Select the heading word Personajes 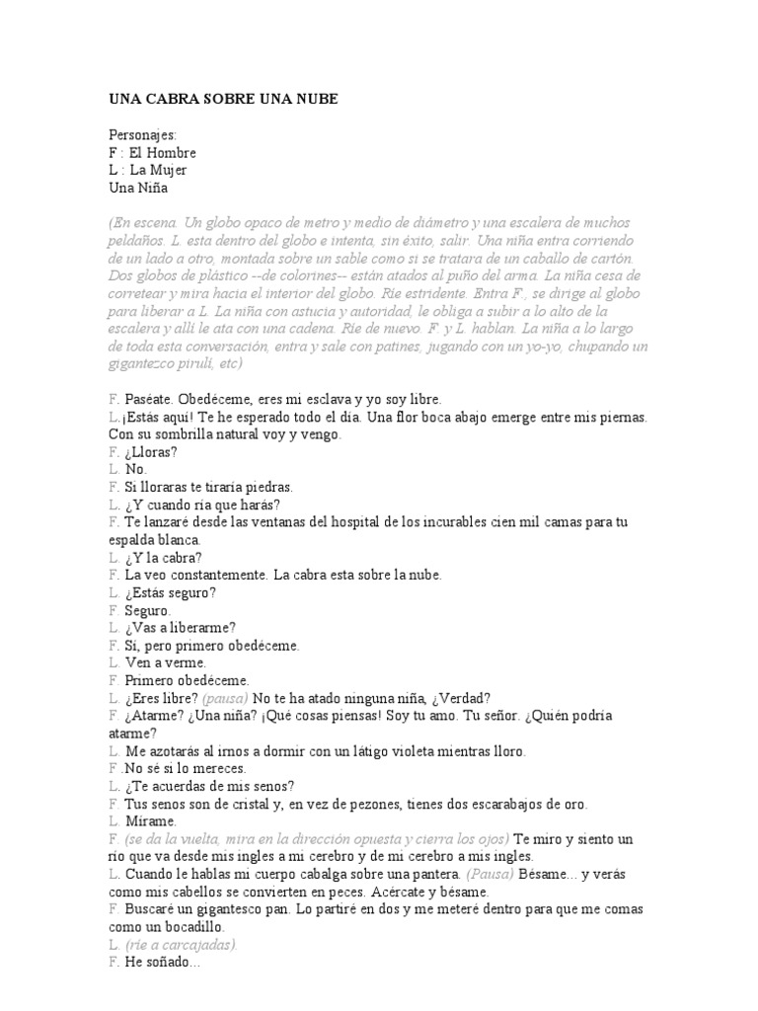[142, 135]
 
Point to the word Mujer [167, 170]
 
